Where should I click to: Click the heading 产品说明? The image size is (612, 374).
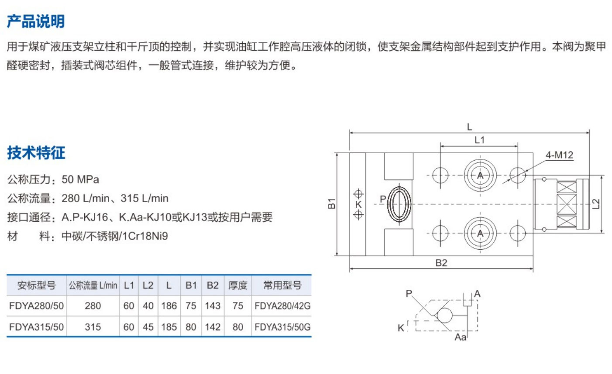click(x=36, y=21)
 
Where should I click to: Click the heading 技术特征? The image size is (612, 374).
click(x=36, y=153)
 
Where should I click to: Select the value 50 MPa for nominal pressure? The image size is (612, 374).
click(x=80, y=179)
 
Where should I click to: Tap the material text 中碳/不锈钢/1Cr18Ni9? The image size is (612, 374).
click(x=115, y=236)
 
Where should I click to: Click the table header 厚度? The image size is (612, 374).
click(x=237, y=285)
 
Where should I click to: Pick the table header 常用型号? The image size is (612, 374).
click(x=282, y=285)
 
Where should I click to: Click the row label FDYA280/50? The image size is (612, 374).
click(x=36, y=306)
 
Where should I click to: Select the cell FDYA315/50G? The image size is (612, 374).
click(x=282, y=327)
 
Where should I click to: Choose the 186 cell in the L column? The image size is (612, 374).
click(x=169, y=306)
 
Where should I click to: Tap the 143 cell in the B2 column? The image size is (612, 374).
click(x=213, y=306)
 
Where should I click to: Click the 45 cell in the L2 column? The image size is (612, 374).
click(x=148, y=327)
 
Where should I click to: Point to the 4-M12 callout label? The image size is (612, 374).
click(x=559, y=155)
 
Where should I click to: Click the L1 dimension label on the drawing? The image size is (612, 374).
click(x=479, y=140)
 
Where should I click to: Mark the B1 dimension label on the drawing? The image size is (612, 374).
click(x=332, y=203)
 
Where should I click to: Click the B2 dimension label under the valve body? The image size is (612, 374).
click(x=441, y=263)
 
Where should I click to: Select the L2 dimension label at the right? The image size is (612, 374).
click(x=596, y=203)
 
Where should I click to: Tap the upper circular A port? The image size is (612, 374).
click(x=480, y=175)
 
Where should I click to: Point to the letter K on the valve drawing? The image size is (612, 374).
click(x=358, y=204)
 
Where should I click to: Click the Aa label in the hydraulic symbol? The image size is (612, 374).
click(x=461, y=337)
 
